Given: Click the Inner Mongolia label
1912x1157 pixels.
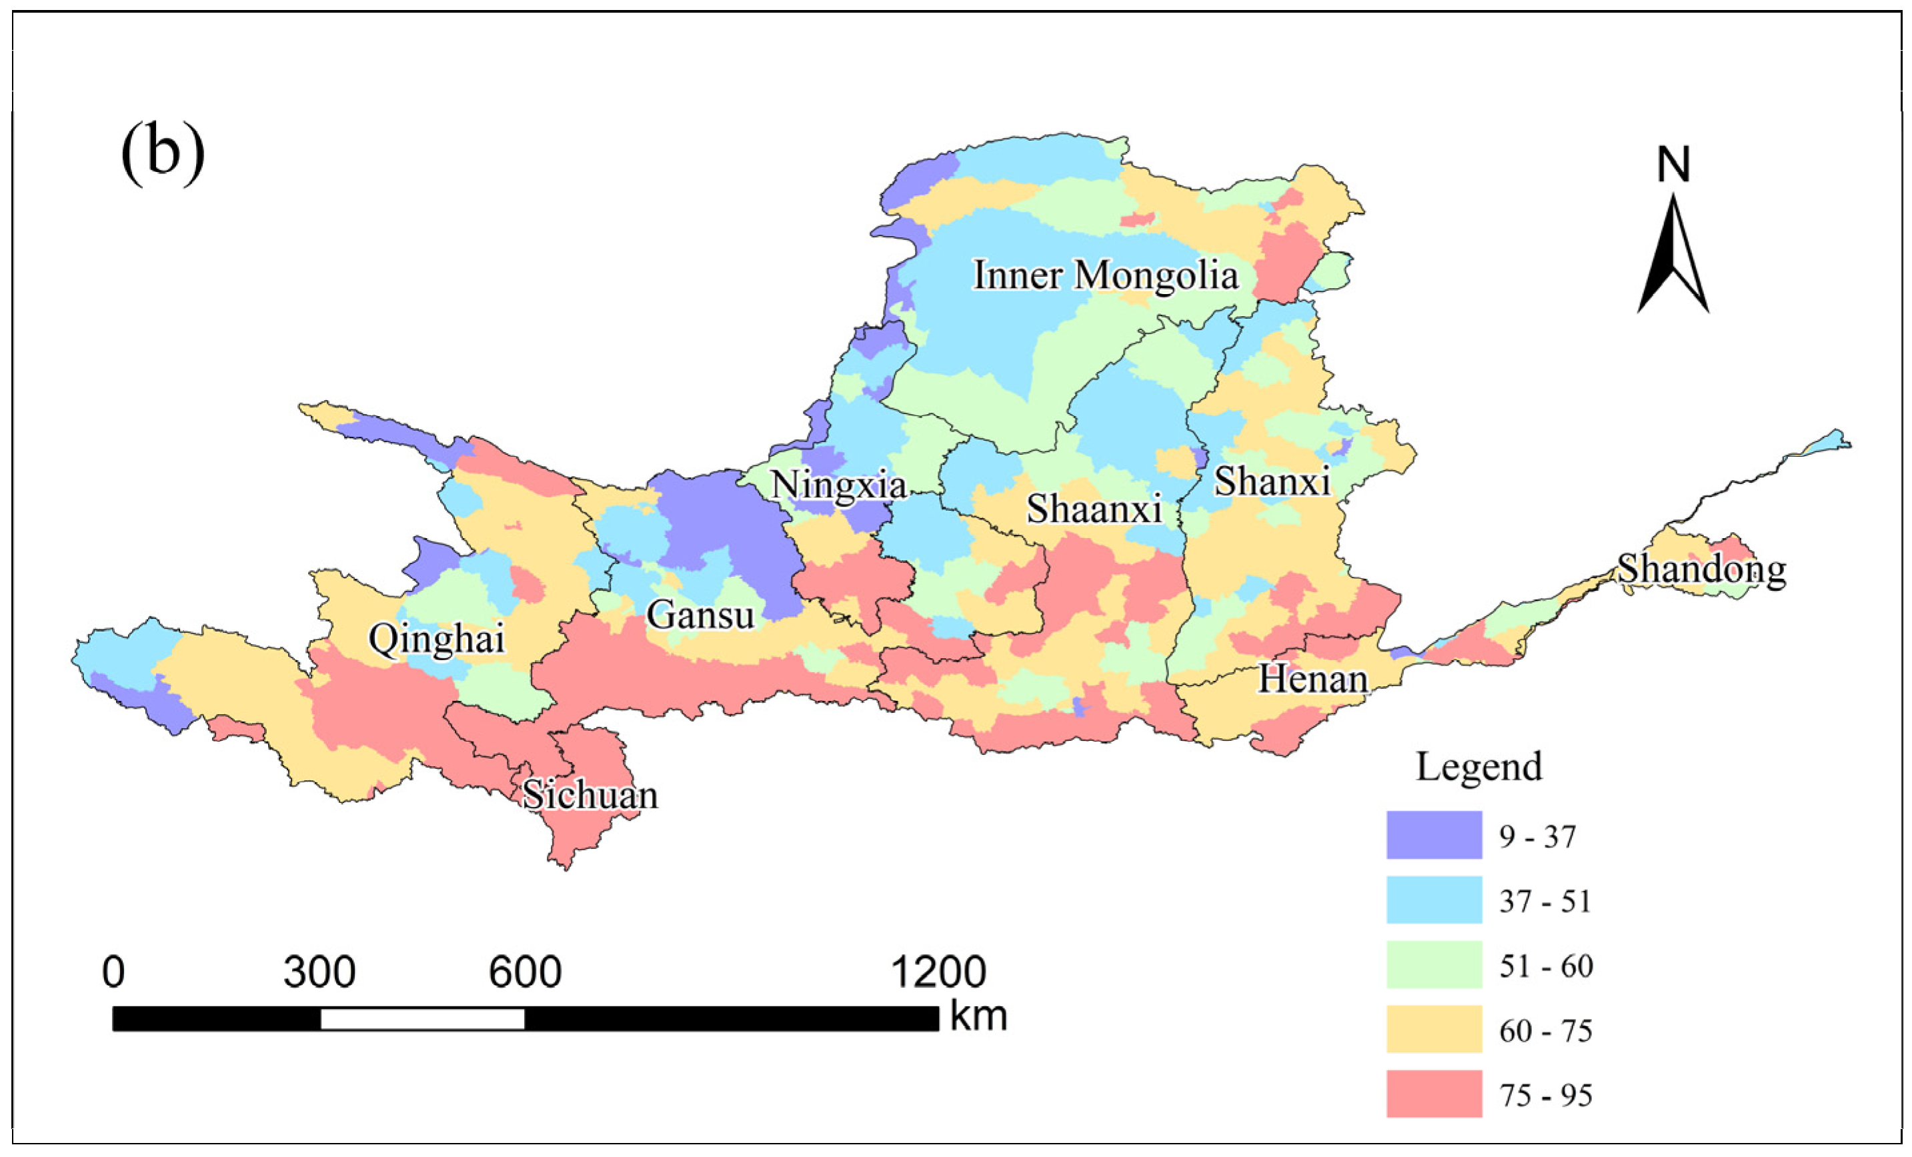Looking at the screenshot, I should pyautogui.click(x=1106, y=275).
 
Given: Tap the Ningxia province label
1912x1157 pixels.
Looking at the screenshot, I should pyautogui.click(x=838, y=485).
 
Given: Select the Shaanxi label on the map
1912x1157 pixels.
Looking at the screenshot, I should pyautogui.click(x=1094, y=509).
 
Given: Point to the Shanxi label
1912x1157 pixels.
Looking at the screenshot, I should pyautogui.click(x=1272, y=482).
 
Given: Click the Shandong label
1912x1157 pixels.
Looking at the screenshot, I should pyautogui.click(x=1701, y=569).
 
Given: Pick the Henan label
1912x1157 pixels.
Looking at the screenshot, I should pyautogui.click(x=1312, y=680).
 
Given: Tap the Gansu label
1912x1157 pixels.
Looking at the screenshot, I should pyautogui.click(x=700, y=616).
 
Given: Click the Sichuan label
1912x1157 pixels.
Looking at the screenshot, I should pyautogui.click(x=590, y=795).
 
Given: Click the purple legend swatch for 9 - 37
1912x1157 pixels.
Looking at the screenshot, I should pyautogui.click(x=1434, y=836).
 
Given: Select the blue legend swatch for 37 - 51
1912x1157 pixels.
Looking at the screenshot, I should pyautogui.click(x=1434, y=900).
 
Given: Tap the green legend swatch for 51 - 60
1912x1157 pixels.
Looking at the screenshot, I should pyautogui.click(x=1434, y=964).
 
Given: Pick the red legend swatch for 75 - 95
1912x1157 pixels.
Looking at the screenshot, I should pyautogui.click(x=1434, y=1094).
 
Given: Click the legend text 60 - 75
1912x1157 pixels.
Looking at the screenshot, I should pyautogui.click(x=1545, y=1030).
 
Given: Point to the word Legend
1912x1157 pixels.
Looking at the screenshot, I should pyautogui.click(x=1479, y=767).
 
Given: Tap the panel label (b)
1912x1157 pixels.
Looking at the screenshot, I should pyautogui.click(x=163, y=152).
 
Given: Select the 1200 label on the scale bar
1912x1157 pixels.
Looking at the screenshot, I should pyautogui.click(x=938, y=972).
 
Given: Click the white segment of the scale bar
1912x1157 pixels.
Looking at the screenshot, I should pyautogui.click(x=422, y=1019).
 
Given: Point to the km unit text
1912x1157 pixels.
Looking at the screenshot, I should pyautogui.click(x=978, y=1016).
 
